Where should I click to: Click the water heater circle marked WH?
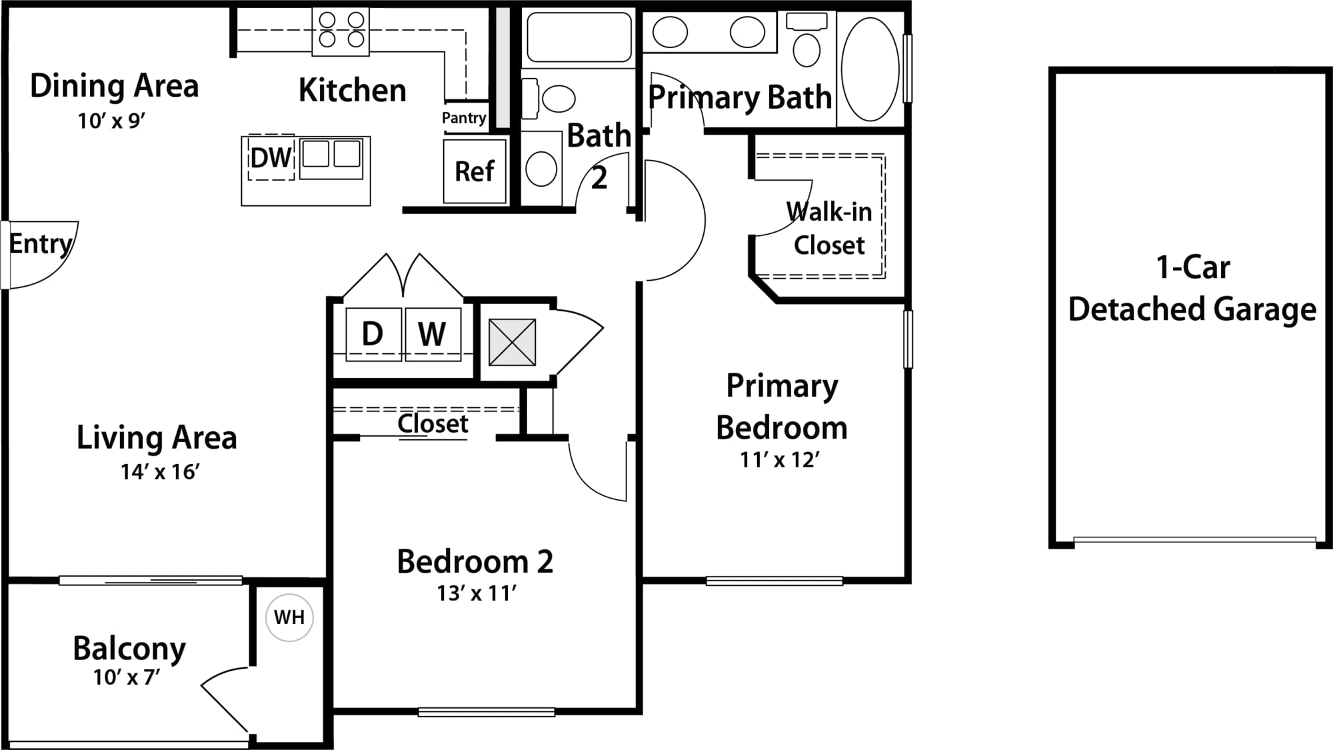pyautogui.click(x=289, y=617)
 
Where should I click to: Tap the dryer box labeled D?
pyautogui.click(x=374, y=334)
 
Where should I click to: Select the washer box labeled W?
pyautogui.click(x=433, y=334)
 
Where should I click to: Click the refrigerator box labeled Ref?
pyautogui.click(x=475, y=171)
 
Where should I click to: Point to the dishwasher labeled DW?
pyautogui.click(x=271, y=157)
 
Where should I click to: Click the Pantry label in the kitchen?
pyautogui.click(x=464, y=118)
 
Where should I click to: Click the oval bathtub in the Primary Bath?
pyautogui.click(x=870, y=69)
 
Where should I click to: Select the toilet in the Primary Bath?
pyautogui.click(x=807, y=40)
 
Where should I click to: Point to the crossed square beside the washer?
pyautogui.click(x=512, y=342)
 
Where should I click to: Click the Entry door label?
pyautogui.click(x=41, y=245)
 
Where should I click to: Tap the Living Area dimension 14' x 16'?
pyautogui.click(x=160, y=472)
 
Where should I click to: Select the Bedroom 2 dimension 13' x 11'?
pyautogui.click(x=477, y=593)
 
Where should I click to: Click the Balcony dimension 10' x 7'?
pyautogui.click(x=127, y=677)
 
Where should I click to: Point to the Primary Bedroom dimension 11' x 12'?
pyautogui.click(x=779, y=460)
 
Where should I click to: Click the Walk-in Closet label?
pyautogui.click(x=829, y=228)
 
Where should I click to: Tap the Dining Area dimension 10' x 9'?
pyautogui.click(x=111, y=121)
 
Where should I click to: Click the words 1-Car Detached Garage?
pyautogui.click(x=1192, y=288)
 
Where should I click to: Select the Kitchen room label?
pyautogui.click(x=352, y=90)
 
